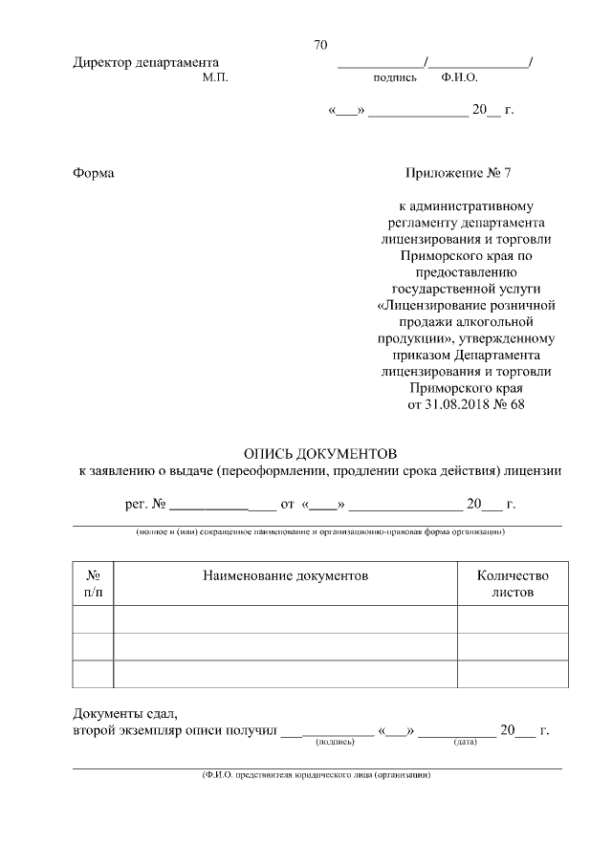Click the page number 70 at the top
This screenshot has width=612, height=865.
pyautogui.click(x=320, y=45)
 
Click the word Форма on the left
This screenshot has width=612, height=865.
pyautogui.click(x=93, y=173)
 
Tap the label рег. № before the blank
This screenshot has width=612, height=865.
pyautogui.click(x=146, y=504)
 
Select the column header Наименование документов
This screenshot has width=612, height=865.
pyautogui.click(x=285, y=575)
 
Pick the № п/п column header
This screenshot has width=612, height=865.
pyautogui.click(x=94, y=584)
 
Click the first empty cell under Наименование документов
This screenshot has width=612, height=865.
pyautogui.click(x=285, y=619)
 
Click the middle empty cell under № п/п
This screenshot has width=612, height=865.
pyautogui.click(x=94, y=646)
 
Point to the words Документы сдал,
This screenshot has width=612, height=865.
pyautogui.click(x=125, y=713)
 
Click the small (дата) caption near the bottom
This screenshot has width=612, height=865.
pyautogui.click(x=465, y=742)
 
